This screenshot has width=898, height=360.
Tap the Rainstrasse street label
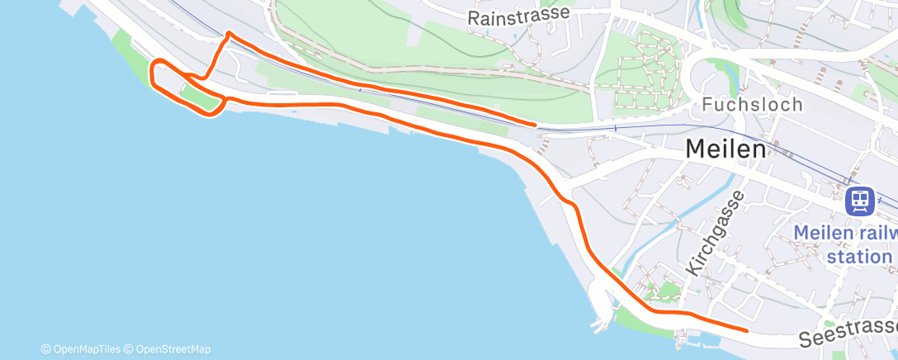(531, 16)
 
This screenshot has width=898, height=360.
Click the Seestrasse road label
(847, 335)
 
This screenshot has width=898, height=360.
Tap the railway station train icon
(860, 200)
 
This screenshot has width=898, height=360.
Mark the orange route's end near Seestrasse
(747, 330)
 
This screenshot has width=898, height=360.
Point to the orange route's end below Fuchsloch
(536, 125)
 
